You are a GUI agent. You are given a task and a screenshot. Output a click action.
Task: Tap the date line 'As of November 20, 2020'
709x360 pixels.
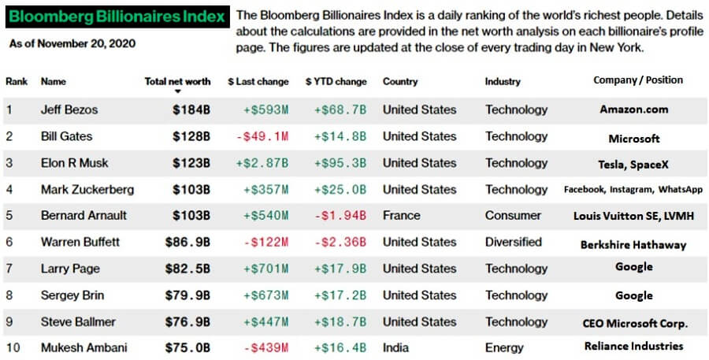click(x=72, y=43)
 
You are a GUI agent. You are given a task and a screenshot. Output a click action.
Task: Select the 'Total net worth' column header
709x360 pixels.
click(x=177, y=81)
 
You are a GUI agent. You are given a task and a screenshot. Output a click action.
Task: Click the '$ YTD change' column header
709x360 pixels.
click(x=336, y=81)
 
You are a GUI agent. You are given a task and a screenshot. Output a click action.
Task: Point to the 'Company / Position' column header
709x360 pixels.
click(x=637, y=80)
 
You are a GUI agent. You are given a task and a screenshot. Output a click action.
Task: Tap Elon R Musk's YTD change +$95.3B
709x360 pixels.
click(x=340, y=163)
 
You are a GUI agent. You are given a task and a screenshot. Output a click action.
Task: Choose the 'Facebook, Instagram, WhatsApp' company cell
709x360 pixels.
click(x=633, y=189)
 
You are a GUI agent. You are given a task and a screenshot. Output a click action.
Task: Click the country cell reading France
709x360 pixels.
click(x=401, y=215)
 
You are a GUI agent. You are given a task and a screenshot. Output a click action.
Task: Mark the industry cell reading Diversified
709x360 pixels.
click(x=513, y=242)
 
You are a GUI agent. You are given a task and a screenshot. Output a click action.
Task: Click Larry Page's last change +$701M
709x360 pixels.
click(x=265, y=269)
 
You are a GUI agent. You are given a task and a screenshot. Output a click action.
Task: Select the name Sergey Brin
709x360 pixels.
click(x=72, y=295)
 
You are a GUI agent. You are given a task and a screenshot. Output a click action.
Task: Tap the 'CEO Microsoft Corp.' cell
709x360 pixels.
click(x=634, y=322)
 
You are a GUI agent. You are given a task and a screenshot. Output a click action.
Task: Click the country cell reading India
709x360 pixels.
click(x=396, y=347)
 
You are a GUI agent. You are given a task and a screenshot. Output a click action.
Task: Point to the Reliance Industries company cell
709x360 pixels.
click(x=633, y=346)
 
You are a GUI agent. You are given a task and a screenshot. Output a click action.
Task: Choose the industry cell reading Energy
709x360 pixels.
click(x=504, y=347)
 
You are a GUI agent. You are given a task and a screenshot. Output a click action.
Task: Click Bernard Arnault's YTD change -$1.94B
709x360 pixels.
click(x=340, y=215)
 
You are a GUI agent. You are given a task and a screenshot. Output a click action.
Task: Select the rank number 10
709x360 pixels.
click(x=12, y=347)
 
